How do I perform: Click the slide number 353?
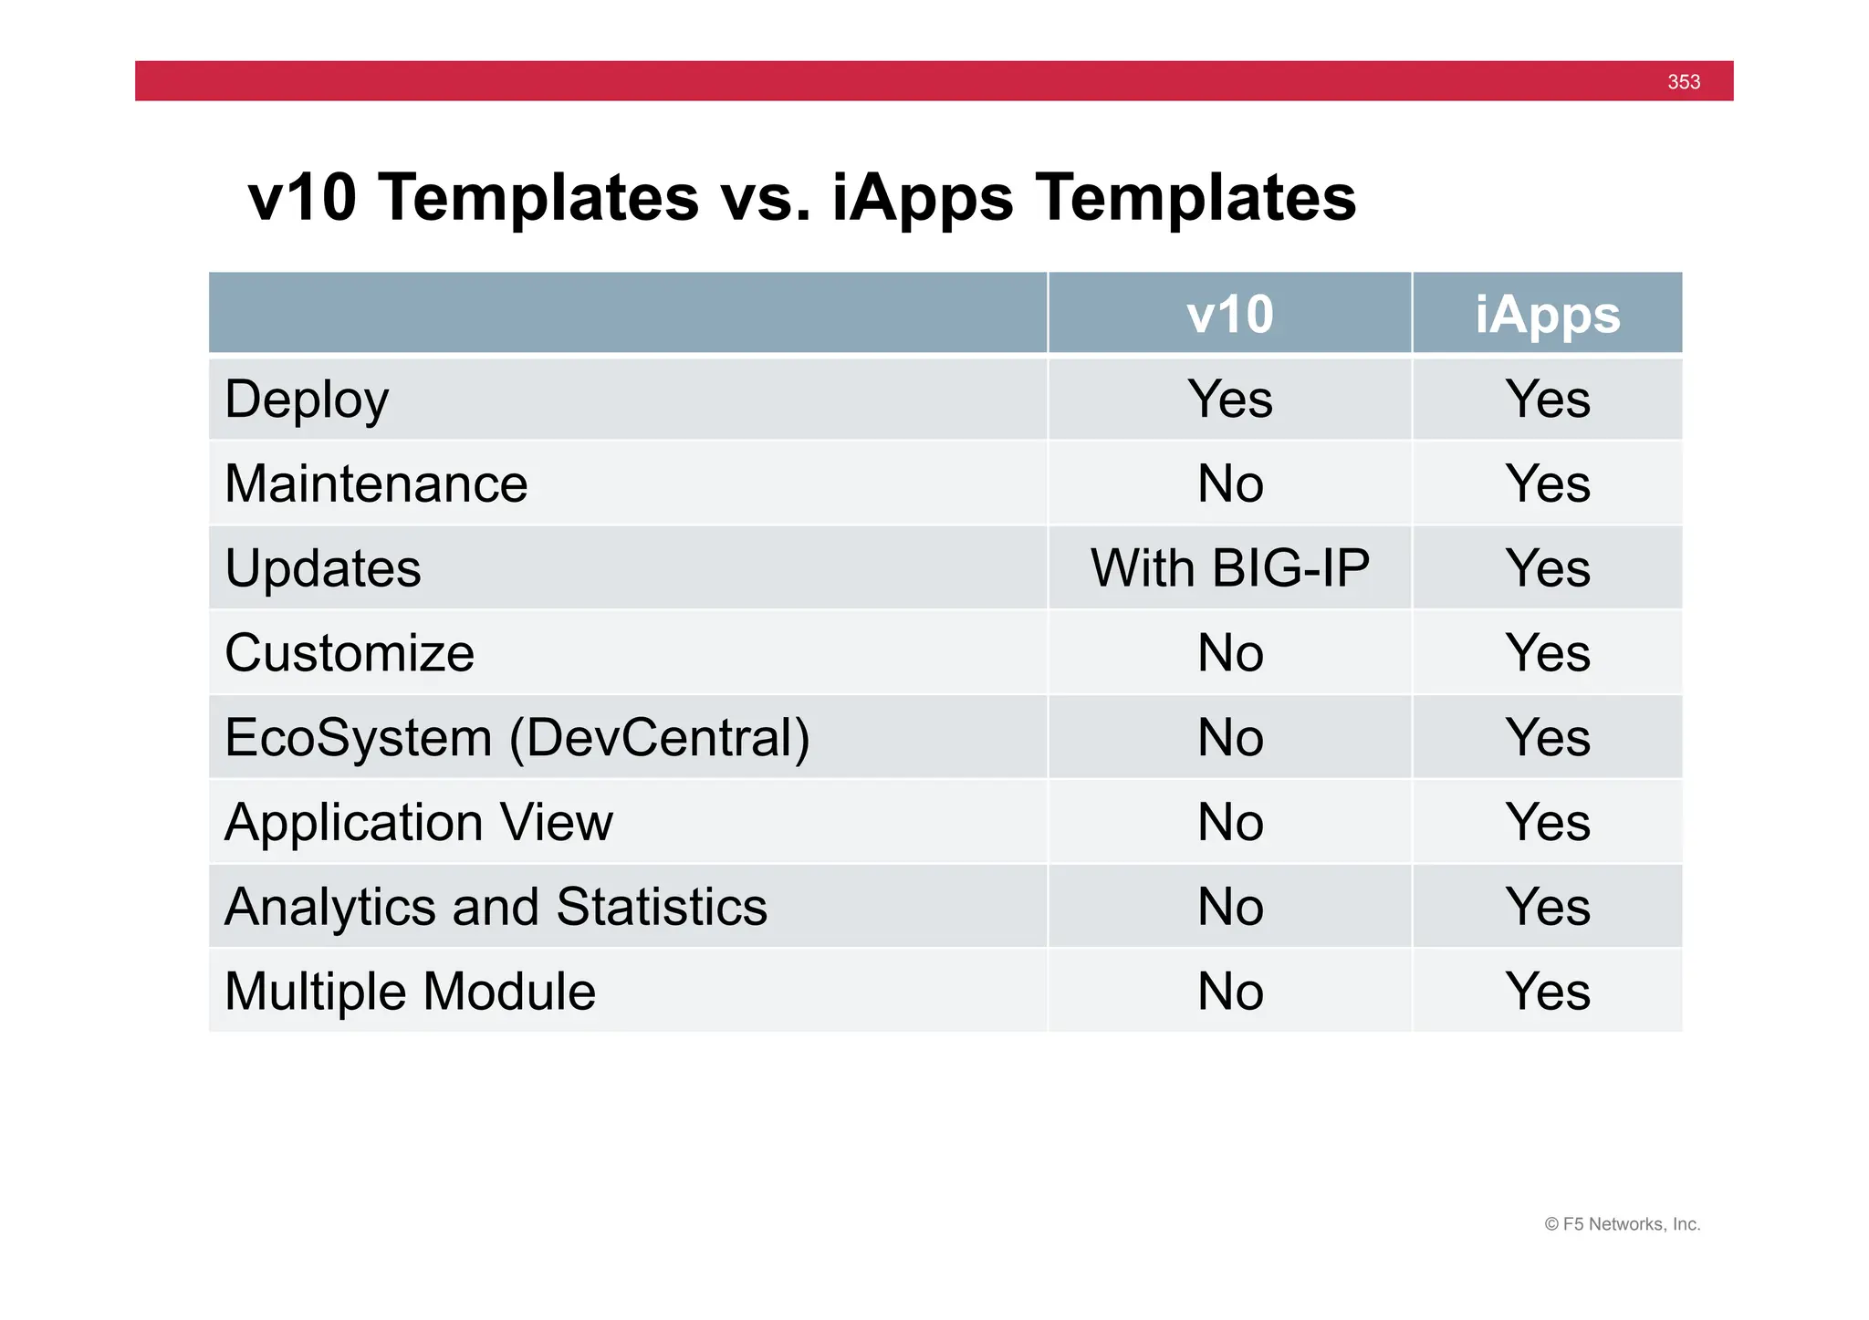[x=1683, y=82]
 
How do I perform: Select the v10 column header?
[x=1229, y=315]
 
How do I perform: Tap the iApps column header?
[x=1547, y=315]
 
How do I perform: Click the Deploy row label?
[x=307, y=400]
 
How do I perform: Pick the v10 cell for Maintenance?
[x=1229, y=483]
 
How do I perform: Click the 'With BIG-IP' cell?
[x=1229, y=568]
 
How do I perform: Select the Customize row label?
[x=350, y=653]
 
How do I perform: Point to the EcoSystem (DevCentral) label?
[x=517, y=737]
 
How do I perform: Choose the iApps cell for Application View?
[x=1547, y=822]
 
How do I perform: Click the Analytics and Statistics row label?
[x=496, y=907]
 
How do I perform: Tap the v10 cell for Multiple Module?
[x=1229, y=992]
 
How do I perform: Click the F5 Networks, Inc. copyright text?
[x=1622, y=1224]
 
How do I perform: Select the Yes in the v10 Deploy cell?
[x=1229, y=400]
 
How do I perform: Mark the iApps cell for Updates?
[x=1547, y=568]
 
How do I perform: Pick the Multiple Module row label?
[x=410, y=992]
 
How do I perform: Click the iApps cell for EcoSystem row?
[x=1547, y=737]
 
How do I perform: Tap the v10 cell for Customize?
[x=1229, y=653]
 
